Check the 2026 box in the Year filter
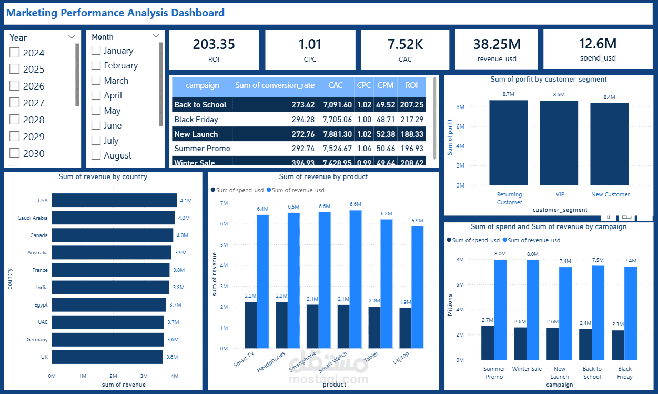click(x=15, y=86)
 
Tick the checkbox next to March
click(x=96, y=81)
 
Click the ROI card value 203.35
click(x=214, y=44)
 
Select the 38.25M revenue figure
click(x=497, y=44)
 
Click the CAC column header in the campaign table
click(x=335, y=85)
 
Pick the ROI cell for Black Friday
click(x=411, y=120)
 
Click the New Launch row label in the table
click(x=196, y=134)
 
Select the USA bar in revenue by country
click(x=114, y=201)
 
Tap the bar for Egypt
click(x=108, y=305)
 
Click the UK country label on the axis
click(x=44, y=357)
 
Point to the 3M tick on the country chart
click(x=144, y=376)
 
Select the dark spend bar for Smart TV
click(x=250, y=325)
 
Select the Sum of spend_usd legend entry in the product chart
click(x=237, y=190)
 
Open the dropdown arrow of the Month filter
click(x=156, y=36)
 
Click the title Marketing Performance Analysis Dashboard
click(x=115, y=13)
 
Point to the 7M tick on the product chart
click(x=224, y=203)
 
